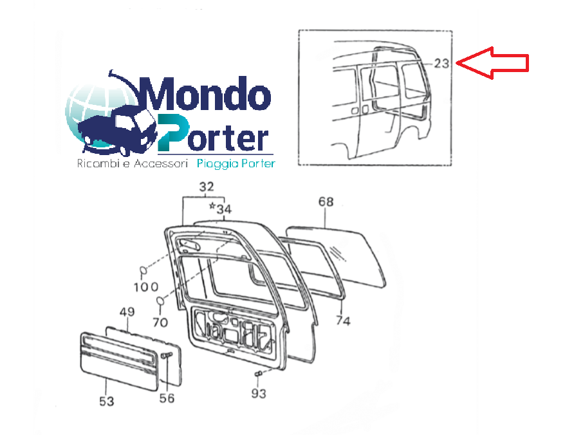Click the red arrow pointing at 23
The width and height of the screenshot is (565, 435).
(492, 62)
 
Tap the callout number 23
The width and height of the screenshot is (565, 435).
(441, 64)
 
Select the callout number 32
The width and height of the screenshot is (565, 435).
(207, 187)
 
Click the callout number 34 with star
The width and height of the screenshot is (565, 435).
(221, 208)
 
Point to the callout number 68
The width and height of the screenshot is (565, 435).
(326, 201)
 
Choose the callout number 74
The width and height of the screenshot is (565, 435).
(343, 320)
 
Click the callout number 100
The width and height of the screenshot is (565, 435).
(146, 287)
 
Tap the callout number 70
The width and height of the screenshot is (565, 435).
(160, 322)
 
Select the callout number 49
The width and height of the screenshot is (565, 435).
(127, 311)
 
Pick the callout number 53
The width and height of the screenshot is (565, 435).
(107, 401)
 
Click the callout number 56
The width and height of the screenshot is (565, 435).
(167, 398)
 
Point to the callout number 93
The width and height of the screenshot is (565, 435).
(259, 394)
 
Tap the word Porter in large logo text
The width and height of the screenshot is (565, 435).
(213, 134)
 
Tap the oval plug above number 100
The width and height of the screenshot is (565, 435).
(143, 270)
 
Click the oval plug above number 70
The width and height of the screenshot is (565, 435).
(160, 301)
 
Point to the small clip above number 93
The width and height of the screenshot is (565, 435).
(258, 374)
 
